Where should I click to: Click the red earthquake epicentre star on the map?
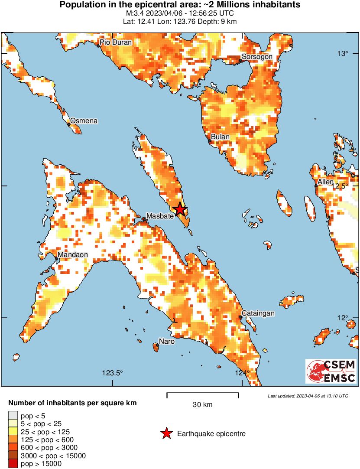click(180, 209)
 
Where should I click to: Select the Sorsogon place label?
click(256, 57)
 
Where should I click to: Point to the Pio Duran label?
click(116, 42)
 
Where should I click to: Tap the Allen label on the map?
click(325, 182)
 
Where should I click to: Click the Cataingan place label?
click(258, 313)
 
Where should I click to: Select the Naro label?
click(166, 342)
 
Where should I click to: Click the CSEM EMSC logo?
click(331, 371)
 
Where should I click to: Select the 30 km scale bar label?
click(202, 405)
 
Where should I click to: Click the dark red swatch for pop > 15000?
click(13, 464)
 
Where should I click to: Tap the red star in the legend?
click(166, 433)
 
